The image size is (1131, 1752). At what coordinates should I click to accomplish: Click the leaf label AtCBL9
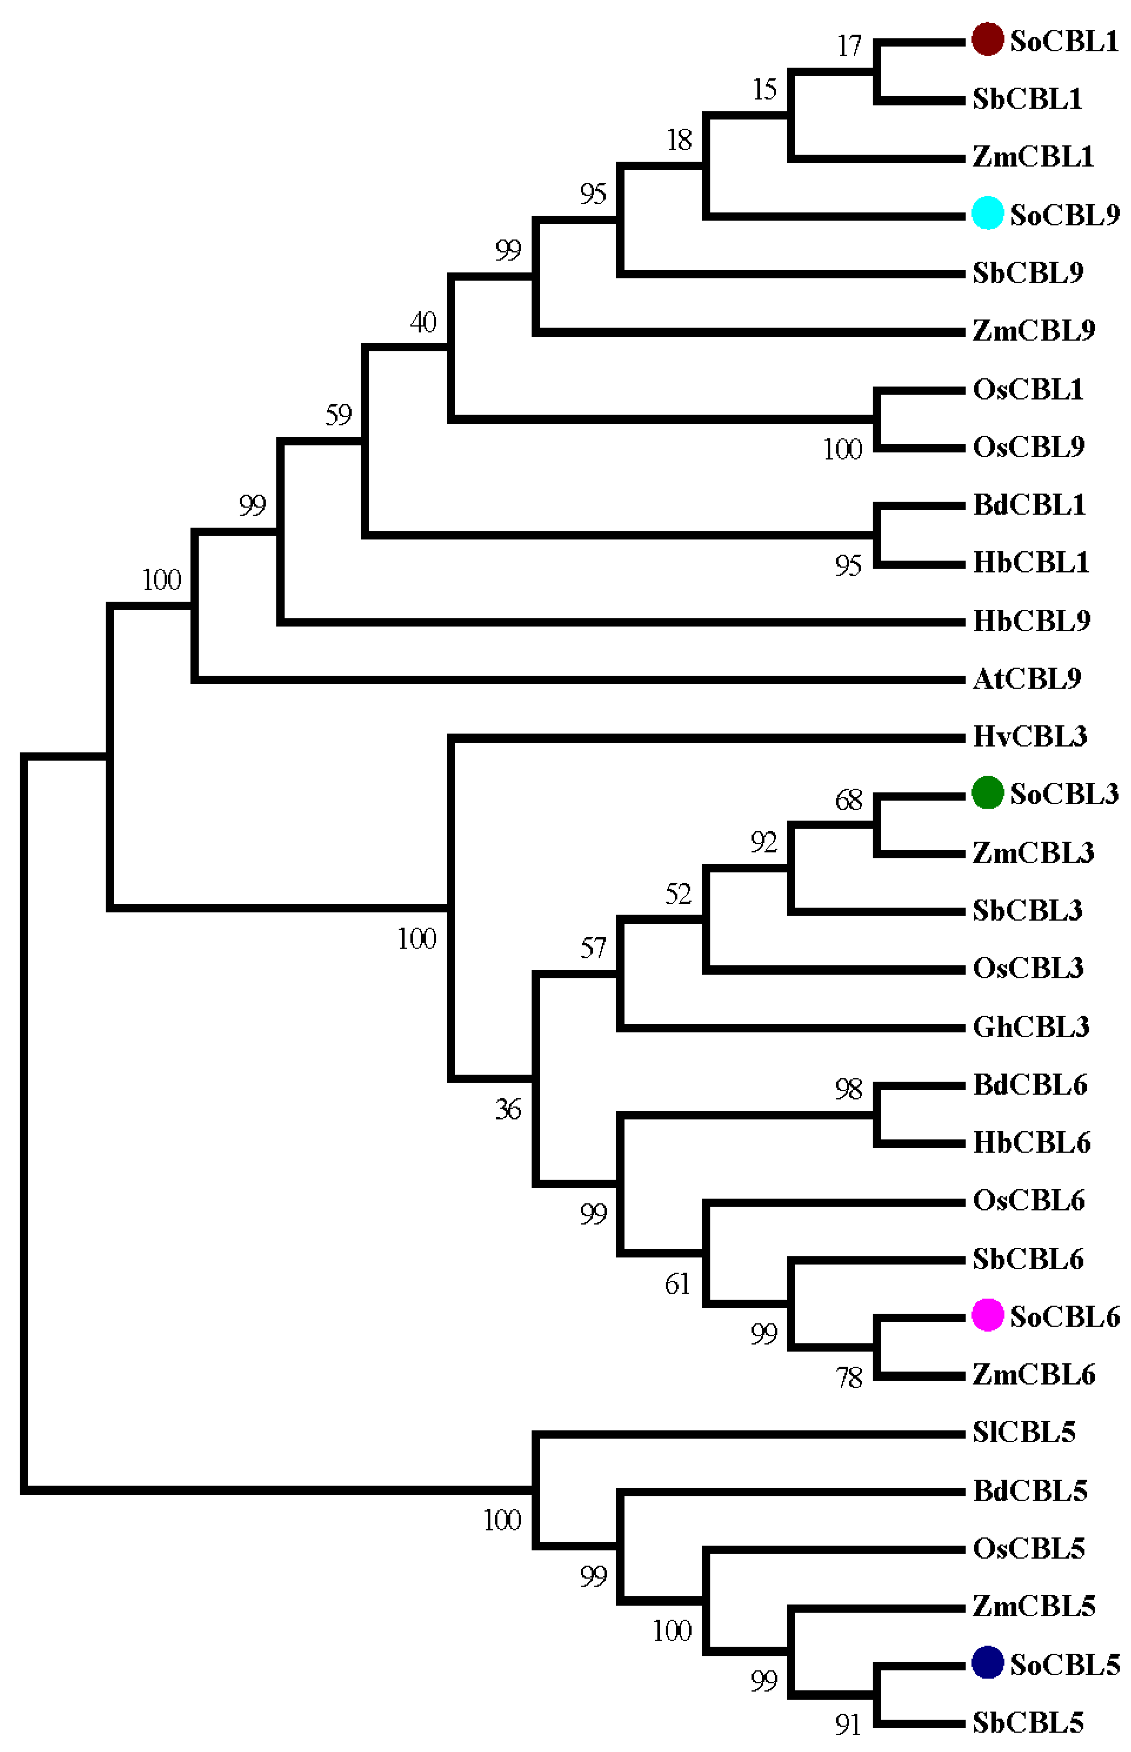coord(1027,679)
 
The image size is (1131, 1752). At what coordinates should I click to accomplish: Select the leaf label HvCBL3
coord(1029,736)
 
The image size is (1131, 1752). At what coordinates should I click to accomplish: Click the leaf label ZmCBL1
coord(1033,156)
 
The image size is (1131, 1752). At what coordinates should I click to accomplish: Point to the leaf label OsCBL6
coord(1028,1200)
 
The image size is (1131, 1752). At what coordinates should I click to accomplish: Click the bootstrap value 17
coord(849,46)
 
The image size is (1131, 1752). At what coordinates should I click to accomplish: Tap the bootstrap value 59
coord(339,415)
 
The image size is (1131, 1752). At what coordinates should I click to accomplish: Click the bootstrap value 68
coord(849,800)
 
